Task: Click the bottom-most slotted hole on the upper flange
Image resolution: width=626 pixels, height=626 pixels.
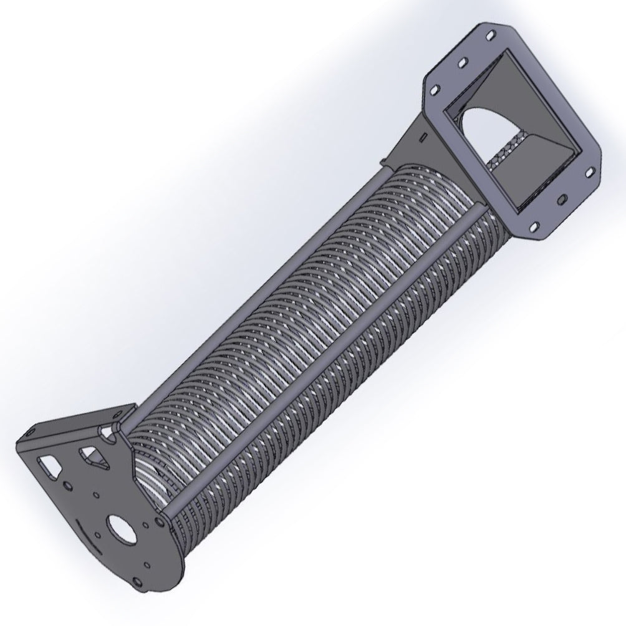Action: (534, 226)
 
